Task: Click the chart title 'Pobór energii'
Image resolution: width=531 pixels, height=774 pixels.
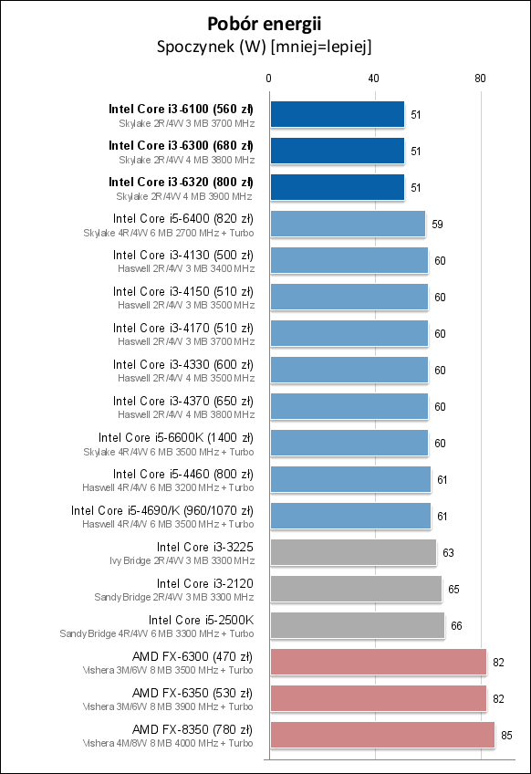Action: [x=265, y=24]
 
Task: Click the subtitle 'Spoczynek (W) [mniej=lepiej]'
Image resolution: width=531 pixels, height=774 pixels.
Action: [x=265, y=46]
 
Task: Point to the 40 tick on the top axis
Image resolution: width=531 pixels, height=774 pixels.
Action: [x=374, y=78]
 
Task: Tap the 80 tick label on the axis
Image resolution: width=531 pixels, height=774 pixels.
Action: [x=481, y=78]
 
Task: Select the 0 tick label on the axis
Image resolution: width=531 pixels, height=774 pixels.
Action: [x=269, y=78]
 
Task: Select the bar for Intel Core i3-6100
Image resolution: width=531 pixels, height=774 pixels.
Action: [x=337, y=114]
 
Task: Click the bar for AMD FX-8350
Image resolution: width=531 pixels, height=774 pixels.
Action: [x=381, y=735]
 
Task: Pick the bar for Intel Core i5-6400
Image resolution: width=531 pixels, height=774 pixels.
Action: [x=347, y=224]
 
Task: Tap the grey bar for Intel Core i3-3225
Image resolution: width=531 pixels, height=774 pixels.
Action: [x=352, y=552]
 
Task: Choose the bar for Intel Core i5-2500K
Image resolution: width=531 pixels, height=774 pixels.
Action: [x=357, y=625]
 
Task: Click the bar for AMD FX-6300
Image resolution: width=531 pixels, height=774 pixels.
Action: [x=378, y=662]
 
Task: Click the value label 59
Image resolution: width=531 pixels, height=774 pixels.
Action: [x=437, y=224]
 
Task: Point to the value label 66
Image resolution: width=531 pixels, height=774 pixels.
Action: [x=456, y=625]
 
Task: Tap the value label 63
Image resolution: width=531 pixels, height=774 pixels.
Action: [x=448, y=552]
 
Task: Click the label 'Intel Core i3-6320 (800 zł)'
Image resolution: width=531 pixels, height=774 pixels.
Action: [x=181, y=182]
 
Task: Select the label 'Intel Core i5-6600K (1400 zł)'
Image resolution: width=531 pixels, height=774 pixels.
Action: [x=176, y=437]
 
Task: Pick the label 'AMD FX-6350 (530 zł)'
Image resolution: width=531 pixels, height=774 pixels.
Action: [x=193, y=693]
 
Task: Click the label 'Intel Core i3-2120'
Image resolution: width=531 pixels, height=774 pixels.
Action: [x=204, y=583]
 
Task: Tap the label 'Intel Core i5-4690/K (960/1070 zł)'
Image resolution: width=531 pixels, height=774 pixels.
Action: [x=162, y=510]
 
